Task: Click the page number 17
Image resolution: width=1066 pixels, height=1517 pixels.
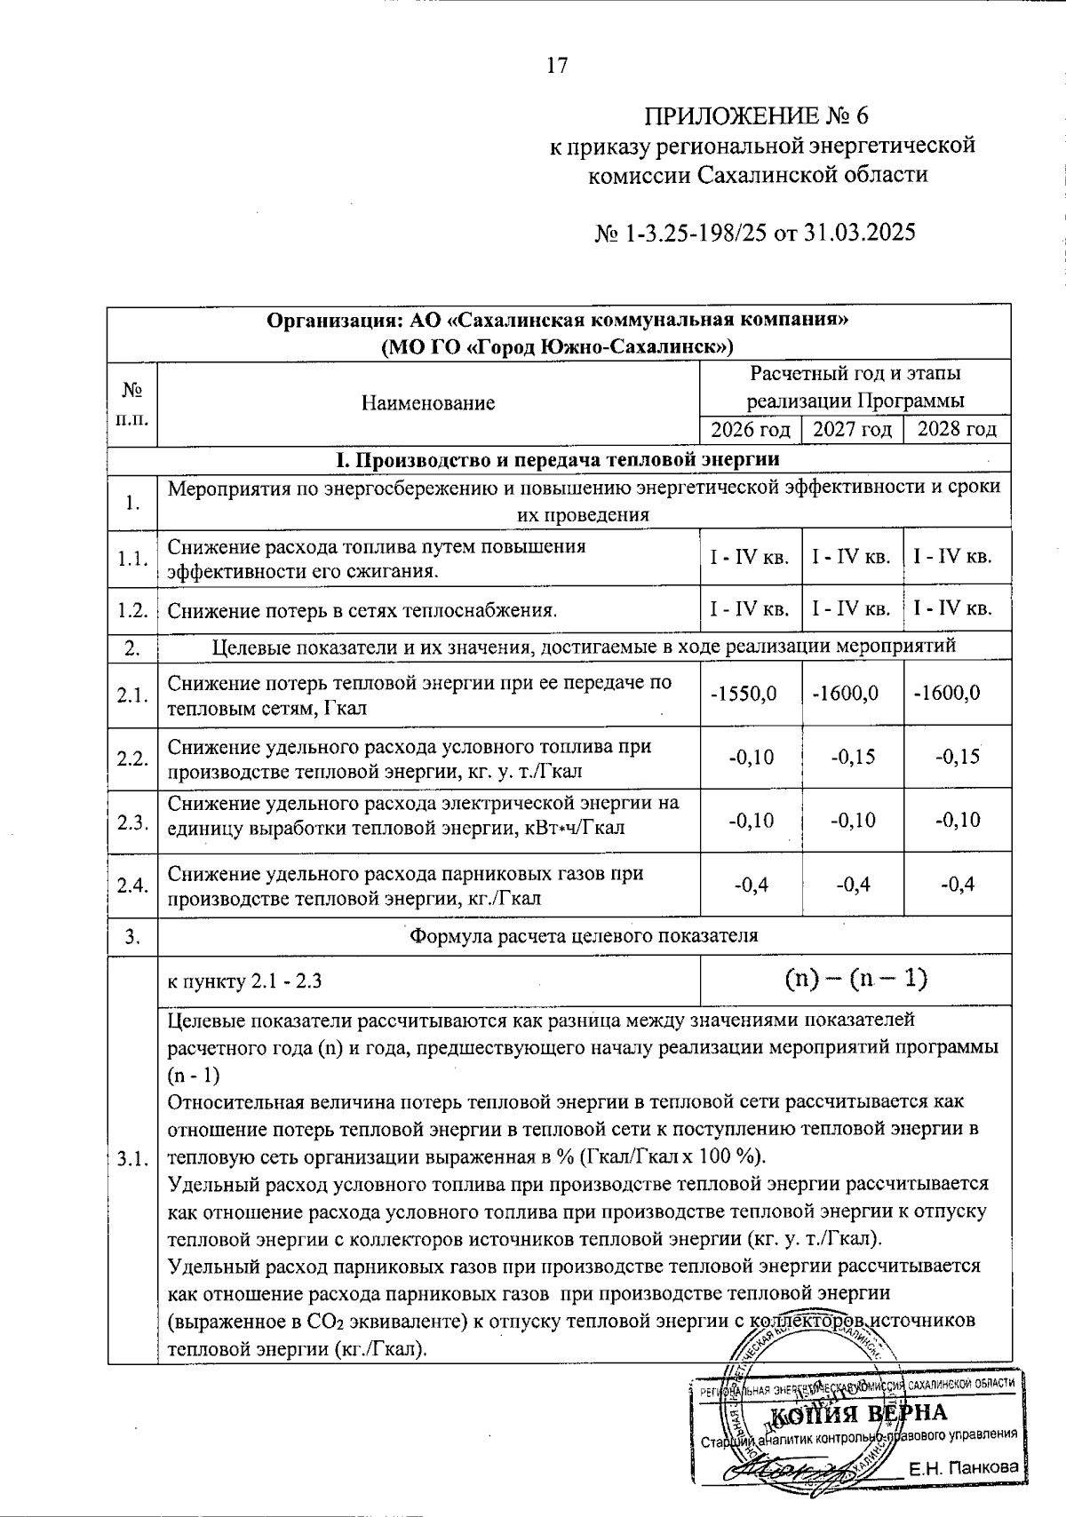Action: coord(557,66)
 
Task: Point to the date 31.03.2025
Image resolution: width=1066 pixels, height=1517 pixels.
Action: coord(859,233)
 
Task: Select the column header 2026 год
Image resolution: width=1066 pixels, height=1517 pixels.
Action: coord(751,430)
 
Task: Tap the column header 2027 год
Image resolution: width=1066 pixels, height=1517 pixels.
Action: coord(852,430)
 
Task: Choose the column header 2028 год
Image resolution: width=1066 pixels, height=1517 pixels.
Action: coord(957,430)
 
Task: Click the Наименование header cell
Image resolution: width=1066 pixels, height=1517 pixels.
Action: coord(428,403)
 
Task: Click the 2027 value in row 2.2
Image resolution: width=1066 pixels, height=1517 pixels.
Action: coord(853,757)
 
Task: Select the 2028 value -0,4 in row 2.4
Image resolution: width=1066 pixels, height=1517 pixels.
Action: coord(957,885)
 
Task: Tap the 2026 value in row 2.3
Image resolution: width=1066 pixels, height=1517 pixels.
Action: coord(751,820)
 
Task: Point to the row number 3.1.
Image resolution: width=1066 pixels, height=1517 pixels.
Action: coord(131,1159)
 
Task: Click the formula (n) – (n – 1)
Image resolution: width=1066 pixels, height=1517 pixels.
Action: coord(855,979)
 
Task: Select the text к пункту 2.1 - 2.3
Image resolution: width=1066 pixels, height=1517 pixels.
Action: coord(244,981)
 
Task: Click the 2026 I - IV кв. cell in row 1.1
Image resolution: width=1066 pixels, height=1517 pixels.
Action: coord(750,558)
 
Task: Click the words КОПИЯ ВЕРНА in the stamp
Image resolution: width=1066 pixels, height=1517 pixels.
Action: coord(857,1413)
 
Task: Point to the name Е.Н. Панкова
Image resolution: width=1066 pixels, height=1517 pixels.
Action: coord(963,1468)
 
